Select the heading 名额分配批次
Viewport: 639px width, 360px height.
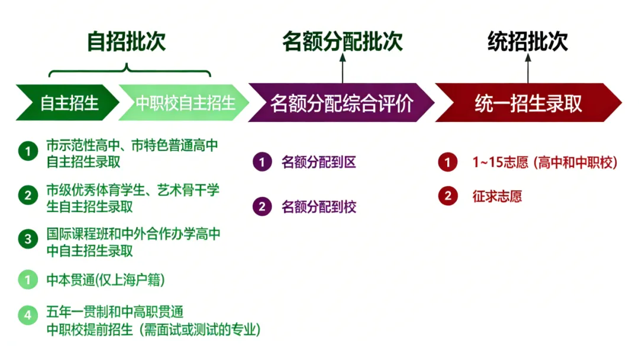point(342,41)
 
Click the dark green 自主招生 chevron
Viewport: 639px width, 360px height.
point(68,103)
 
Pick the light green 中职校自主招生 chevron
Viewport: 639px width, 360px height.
point(183,103)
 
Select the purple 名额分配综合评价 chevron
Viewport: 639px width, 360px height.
point(341,103)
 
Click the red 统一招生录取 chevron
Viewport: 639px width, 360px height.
point(528,103)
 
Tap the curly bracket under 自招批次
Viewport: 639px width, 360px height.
point(129,73)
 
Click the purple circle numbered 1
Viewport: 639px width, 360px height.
point(262,162)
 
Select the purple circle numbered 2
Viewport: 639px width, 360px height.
point(262,207)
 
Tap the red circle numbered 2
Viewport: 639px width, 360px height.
point(448,197)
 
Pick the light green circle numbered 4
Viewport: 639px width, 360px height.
point(27,316)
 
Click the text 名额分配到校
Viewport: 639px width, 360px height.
point(319,207)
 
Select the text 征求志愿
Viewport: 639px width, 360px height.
point(497,197)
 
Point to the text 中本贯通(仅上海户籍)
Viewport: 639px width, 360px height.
point(105,279)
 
